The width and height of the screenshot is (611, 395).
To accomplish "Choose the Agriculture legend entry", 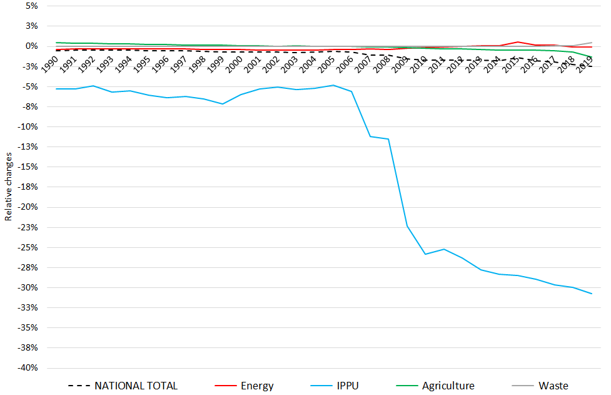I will tap(448, 386).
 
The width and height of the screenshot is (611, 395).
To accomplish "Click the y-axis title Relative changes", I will tap(8, 187).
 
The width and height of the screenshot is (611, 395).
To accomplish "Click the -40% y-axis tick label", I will tap(29, 368).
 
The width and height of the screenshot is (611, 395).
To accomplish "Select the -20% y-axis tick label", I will tap(29, 207).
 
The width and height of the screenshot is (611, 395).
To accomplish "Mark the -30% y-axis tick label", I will tap(29, 288).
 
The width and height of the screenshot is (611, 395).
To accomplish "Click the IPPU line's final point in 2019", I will tap(592, 294).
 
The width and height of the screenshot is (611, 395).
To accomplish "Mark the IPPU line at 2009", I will tap(407, 226).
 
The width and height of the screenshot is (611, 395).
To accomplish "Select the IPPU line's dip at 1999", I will tap(222, 104).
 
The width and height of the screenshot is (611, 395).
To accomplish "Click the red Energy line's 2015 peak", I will tap(518, 42).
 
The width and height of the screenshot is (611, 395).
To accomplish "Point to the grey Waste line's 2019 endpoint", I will tap(592, 43).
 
